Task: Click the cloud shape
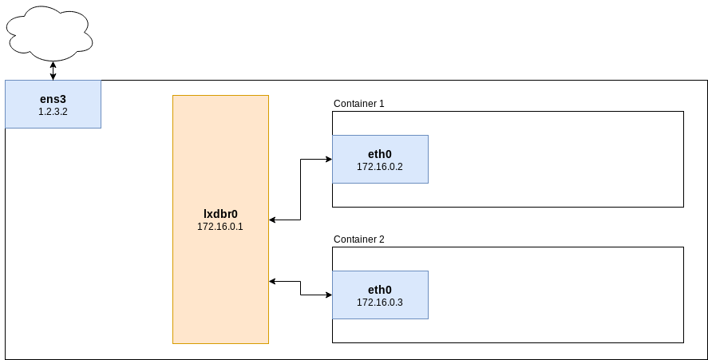(49, 34)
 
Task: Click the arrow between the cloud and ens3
(53, 71)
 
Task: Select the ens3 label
(53, 99)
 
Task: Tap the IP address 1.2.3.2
(53, 112)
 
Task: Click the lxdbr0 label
(220, 214)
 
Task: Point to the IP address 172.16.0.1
(220, 227)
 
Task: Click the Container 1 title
(359, 104)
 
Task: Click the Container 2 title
(359, 239)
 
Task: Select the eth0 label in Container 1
(380, 154)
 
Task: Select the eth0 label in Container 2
(380, 290)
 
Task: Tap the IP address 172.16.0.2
(380, 166)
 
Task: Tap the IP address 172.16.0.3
(380, 303)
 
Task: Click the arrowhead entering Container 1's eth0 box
(329, 159)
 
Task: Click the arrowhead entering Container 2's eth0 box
(329, 295)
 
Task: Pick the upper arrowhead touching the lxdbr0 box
(272, 220)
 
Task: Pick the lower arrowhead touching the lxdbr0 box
(272, 282)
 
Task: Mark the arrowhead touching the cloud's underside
(53, 64)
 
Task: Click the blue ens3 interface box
(53, 105)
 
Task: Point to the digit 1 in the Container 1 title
(382, 104)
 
